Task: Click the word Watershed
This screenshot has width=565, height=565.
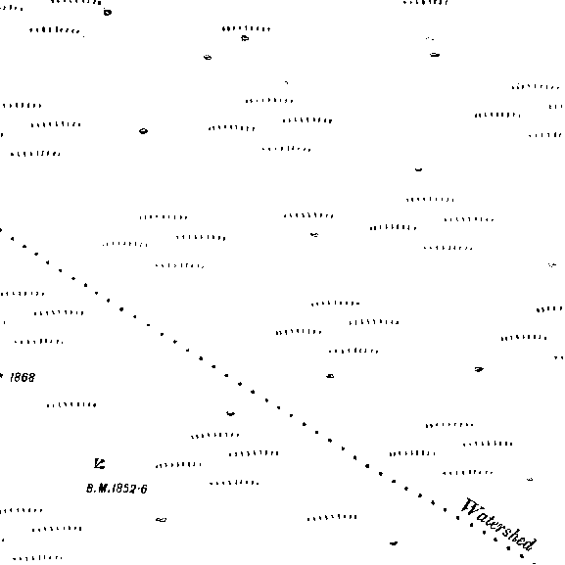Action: coord(499,525)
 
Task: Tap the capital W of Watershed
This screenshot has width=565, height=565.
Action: coord(469,507)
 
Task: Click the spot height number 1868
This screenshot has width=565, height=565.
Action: coord(23,377)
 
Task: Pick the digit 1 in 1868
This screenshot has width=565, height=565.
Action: coord(12,377)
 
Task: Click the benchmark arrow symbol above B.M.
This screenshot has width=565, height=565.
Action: coord(100,463)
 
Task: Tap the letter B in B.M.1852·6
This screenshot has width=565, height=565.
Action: coord(90,489)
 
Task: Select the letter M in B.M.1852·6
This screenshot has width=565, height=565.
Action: coord(101,489)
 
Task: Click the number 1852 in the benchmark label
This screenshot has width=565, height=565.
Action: coord(123,489)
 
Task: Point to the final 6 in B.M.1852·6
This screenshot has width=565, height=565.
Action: coord(144,489)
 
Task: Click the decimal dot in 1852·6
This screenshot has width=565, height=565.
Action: coord(138,489)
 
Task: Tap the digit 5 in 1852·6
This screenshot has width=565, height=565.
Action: coord(126,489)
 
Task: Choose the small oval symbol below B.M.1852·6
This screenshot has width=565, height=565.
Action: coord(161,519)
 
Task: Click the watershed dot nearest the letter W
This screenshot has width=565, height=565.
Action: coord(458,518)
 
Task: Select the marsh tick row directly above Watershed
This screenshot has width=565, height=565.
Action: coord(468,472)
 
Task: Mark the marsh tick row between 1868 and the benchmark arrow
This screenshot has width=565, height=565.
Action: coord(71,405)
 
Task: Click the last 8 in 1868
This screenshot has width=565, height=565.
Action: coord(31,377)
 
